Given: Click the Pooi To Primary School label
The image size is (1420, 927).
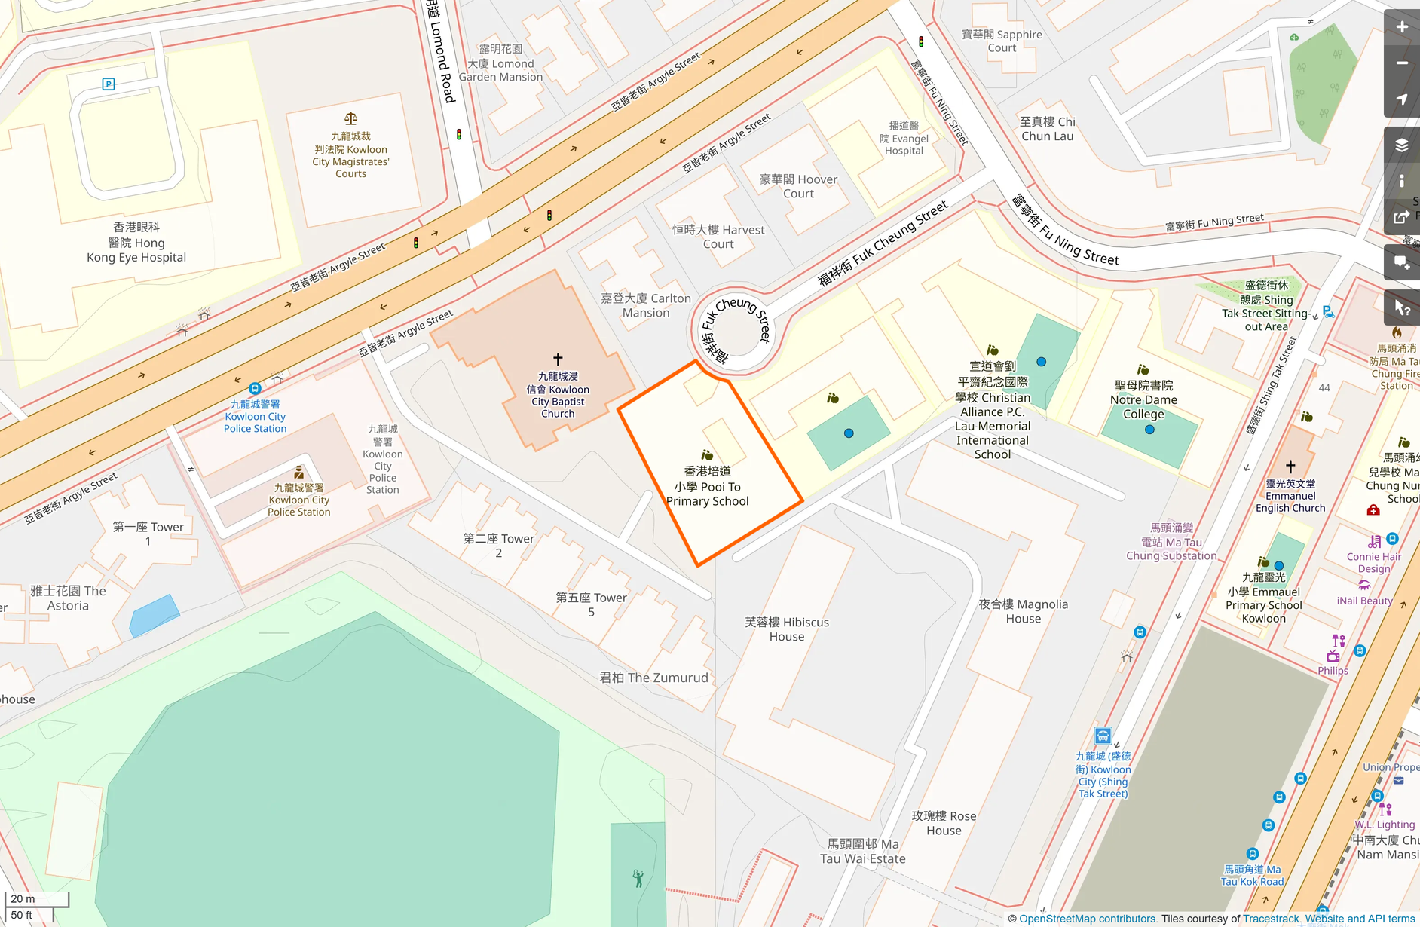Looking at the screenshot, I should (x=707, y=486).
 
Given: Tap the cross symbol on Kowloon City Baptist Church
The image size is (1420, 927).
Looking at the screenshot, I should (x=558, y=359).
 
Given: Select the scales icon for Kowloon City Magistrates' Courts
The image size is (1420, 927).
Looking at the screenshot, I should (x=350, y=118).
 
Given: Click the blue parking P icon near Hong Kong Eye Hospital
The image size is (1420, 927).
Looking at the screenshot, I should (x=109, y=84).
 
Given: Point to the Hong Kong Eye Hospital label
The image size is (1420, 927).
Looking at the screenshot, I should (x=136, y=242).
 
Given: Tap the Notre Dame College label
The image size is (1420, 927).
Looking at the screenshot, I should (x=1143, y=400).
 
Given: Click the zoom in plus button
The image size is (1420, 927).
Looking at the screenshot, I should (x=1402, y=27).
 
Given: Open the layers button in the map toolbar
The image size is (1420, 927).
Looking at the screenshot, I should (x=1402, y=145).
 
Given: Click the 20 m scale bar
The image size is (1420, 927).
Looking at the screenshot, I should (x=36, y=898).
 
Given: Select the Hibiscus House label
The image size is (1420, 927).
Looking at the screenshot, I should (x=787, y=629).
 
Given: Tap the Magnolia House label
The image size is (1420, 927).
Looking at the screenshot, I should (x=1023, y=611).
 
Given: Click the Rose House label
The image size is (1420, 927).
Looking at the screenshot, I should (x=944, y=823).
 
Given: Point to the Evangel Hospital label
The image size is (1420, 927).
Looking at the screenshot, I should (x=904, y=139).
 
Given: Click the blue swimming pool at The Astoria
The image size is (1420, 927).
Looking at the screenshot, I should (x=154, y=615).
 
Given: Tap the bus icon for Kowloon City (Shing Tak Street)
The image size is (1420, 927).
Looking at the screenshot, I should (x=1103, y=736).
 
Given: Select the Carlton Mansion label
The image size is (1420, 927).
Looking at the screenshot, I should (x=646, y=305).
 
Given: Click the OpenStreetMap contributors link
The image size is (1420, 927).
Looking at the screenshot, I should (x=1087, y=919).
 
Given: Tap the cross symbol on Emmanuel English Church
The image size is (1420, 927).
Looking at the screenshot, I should (x=1290, y=467).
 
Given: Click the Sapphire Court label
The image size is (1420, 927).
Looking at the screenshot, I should (x=1002, y=41).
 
